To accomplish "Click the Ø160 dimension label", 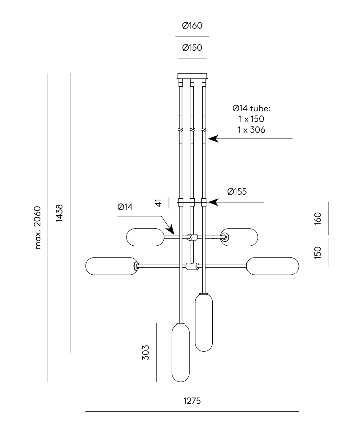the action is [x=192, y=25].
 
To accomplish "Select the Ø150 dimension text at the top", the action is [x=192, y=48].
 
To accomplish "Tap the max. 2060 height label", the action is [x=38, y=228].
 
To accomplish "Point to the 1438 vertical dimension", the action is [x=59, y=213].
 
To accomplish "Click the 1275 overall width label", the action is [x=192, y=401].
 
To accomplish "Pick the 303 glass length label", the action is [x=145, y=353].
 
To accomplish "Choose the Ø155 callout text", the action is [x=237, y=192].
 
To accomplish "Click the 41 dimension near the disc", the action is [x=158, y=203].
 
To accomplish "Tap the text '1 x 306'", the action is [x=252, y=130].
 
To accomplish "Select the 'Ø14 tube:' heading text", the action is [x=252, y=108].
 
